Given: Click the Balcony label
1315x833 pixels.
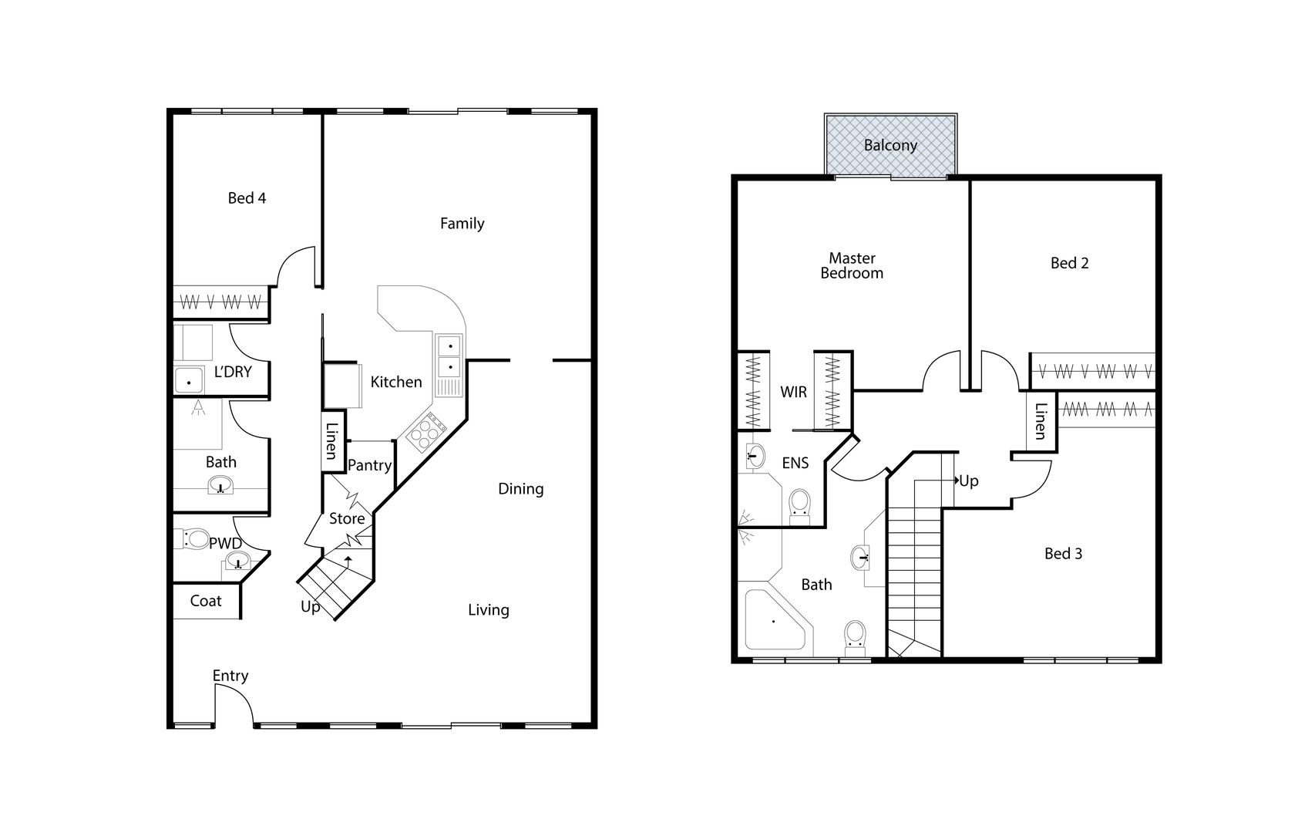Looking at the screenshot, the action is (x=890, y=145).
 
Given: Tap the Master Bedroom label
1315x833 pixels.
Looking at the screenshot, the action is (x=852, y=265).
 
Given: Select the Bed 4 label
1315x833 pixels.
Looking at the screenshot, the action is (x=247, y=198).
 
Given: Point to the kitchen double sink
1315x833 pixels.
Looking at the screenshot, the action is (x=449, y=356).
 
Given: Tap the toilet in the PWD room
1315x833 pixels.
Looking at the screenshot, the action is (x=193, y=538).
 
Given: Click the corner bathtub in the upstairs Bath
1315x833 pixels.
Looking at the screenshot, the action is (x=773, y=621).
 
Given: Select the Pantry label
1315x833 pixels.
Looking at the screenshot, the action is (x=369, y=465).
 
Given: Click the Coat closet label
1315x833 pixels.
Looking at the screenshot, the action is (x=206, y=601).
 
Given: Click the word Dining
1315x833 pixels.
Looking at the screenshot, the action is (x=520, y=488).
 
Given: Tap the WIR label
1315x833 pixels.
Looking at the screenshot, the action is (x=793, y=392).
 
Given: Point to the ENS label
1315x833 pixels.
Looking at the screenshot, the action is (x=795, y=463).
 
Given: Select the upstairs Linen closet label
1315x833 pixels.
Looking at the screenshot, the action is (x=1041, y=420).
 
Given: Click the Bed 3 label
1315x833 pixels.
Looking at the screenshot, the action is (x=1063, y=553).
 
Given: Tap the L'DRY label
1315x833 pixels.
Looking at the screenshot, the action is (x=233, y=372).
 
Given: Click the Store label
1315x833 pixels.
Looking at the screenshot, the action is (x=347, y=518).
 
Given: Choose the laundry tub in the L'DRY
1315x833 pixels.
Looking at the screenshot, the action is (x=188, y=381).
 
